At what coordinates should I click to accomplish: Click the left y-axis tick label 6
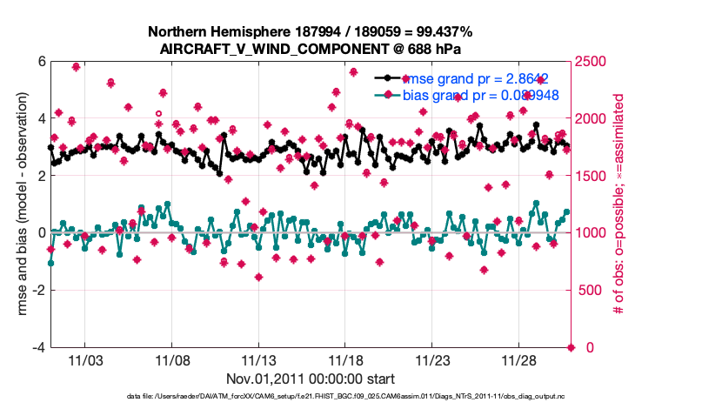40,62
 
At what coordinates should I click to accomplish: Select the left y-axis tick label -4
37,347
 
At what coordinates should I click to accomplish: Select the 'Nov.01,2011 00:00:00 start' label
311,379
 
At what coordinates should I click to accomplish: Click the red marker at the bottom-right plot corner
572,347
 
